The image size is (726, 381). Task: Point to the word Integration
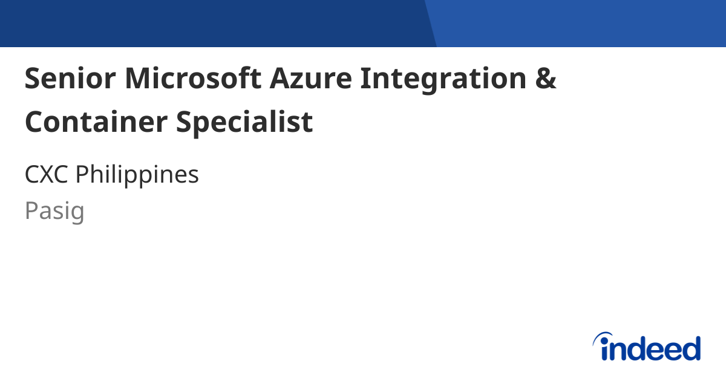443,80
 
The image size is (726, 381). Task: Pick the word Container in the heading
96,122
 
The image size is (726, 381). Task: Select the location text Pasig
54,212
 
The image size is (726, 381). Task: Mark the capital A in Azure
281,79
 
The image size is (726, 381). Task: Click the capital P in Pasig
31,211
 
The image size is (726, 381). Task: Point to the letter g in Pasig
77,214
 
